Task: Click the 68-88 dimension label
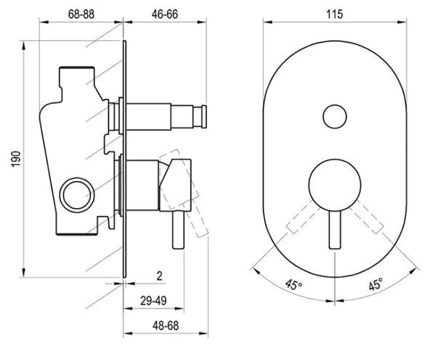click(x=81, y=15)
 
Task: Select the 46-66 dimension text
click(x=165, y=15)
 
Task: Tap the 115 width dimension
click(x=335, y=15)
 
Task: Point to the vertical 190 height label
click(x=16, y=159)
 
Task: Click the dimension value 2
click(x=159, y=276)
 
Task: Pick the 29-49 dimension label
click(x=153, y=301)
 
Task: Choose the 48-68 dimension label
click(x=166, y=326)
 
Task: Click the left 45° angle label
click(x=294, y=284)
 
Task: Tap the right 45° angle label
click(x=376, y=284)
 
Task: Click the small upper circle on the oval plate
click(x=335, y=116)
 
